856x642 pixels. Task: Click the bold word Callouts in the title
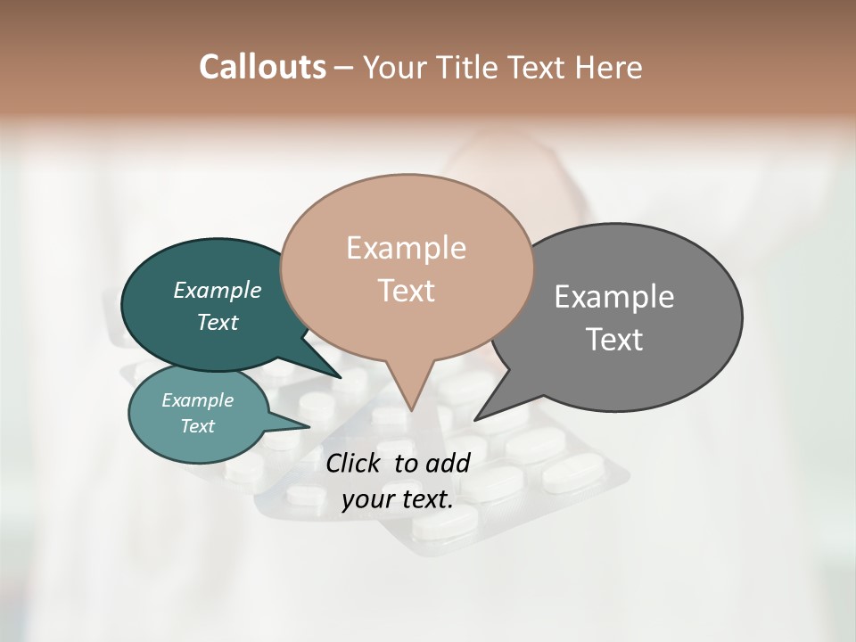[262, 67]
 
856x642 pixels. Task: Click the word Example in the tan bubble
[406, 248]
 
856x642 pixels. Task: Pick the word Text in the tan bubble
[406, 291]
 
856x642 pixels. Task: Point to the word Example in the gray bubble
[614, 297]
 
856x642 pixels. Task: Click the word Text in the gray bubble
[614, 340]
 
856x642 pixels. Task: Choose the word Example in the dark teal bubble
[218, 290]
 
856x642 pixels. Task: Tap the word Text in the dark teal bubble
[218, 322]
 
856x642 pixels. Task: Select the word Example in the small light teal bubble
[198, 400]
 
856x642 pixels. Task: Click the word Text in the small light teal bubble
[198, 426]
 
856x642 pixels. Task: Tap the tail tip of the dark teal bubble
[340, 377]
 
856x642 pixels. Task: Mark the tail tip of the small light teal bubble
[309, 426]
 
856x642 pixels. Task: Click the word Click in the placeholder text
[355, 463]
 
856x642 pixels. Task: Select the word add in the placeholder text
[448, 463]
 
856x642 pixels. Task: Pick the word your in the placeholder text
[367, 498]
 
